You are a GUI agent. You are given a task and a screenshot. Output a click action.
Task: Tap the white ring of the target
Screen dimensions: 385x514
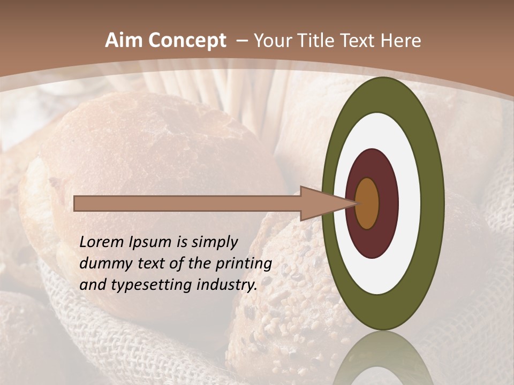(410, 204)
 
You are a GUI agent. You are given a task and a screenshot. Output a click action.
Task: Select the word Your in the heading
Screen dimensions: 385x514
(273, 41)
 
